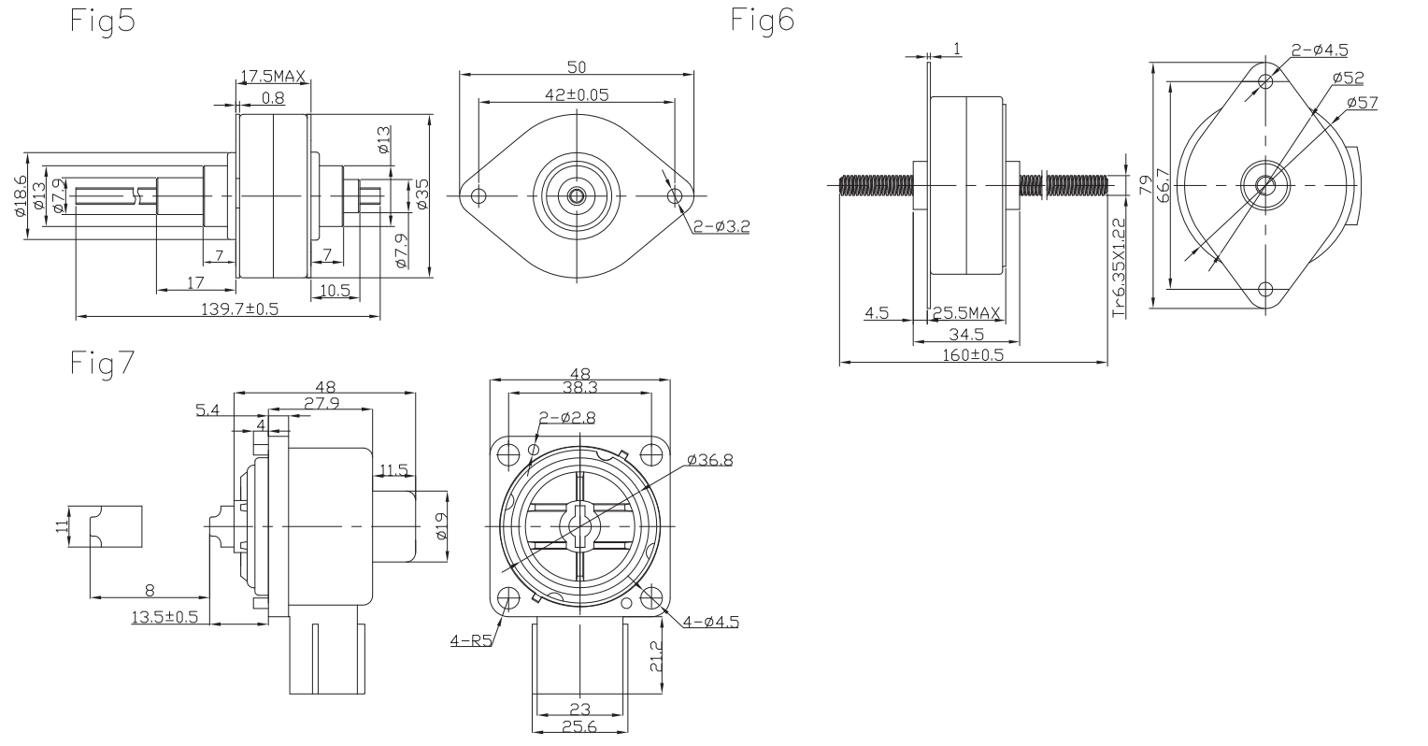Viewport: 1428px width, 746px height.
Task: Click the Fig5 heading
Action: click(103, 22)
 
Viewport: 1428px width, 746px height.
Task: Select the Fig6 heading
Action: click(764, 21)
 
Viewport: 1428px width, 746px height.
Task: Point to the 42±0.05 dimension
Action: click(578, 93)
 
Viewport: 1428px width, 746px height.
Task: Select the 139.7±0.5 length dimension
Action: click(239, 309)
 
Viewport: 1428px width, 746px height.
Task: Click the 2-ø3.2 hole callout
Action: click(721, 224)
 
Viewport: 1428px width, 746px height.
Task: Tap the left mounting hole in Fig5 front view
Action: click(479, 196)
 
